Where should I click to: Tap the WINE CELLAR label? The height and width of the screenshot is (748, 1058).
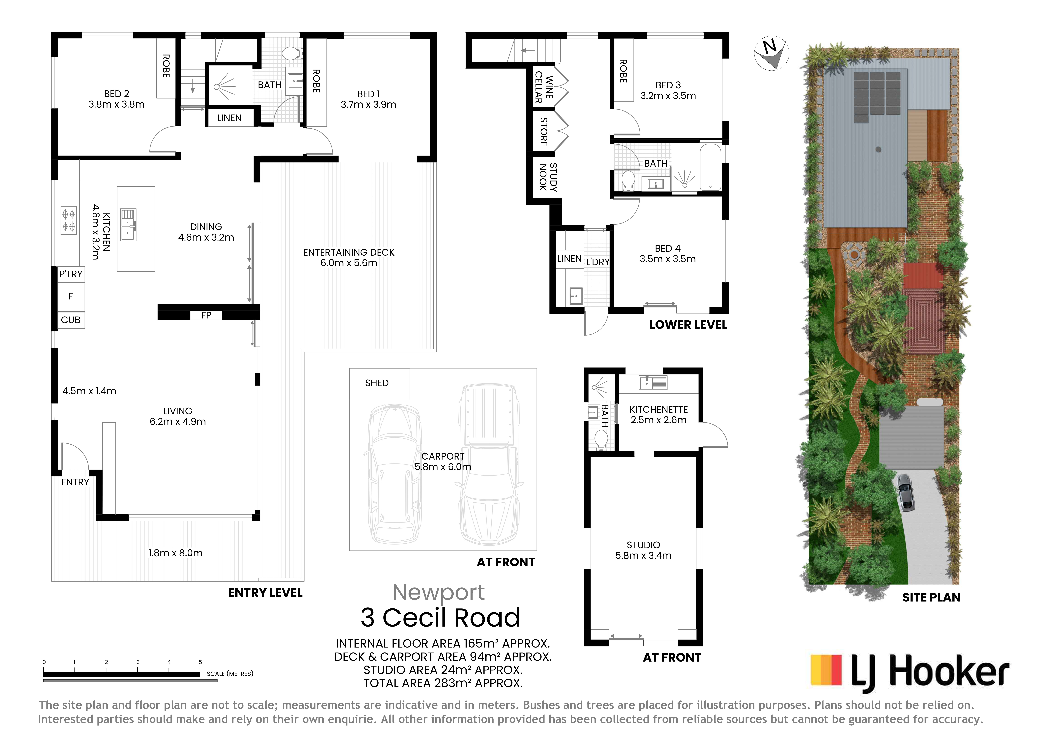544,87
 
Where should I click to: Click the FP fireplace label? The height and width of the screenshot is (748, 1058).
206,315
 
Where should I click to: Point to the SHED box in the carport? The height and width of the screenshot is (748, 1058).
379,384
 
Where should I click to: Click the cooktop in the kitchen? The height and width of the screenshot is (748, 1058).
69,220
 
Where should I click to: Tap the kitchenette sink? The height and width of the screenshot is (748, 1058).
653,383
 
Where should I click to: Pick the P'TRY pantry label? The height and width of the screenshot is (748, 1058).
71,274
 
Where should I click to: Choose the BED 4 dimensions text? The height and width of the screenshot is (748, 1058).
667,259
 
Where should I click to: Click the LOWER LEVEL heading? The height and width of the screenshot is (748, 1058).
688,325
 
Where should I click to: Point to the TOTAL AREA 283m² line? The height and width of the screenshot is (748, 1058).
443,683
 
